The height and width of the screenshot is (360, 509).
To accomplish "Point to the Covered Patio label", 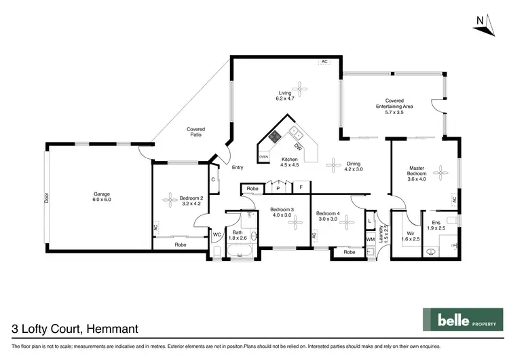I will coord(195,132).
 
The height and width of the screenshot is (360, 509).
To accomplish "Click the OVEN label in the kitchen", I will coord(263,157).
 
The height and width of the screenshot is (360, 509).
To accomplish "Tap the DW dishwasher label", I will coord(298,147).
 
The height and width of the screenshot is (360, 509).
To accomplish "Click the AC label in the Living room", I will coord(324,62).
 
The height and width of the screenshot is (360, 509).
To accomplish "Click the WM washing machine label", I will coord(370,240).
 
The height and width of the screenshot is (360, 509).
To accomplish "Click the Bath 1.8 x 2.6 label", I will coord(237,235).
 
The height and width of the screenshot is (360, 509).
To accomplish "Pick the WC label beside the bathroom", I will coord(217,235).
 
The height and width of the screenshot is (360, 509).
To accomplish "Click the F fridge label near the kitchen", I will coord(301,186).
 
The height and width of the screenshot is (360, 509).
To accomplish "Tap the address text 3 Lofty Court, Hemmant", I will coord(75,329).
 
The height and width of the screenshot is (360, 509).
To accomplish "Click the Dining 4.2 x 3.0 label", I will coord(354,166).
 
